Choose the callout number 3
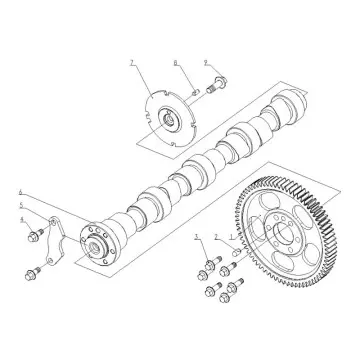[198, 237]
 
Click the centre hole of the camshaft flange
[98, 241]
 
